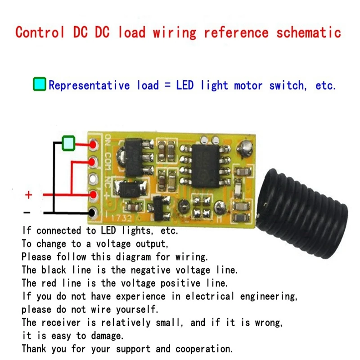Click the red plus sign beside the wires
coord(28,195)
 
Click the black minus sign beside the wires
coord(27,212)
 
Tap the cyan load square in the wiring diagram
coord(68,144)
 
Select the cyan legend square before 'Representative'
coord(40,85)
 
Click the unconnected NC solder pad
coord(93,179)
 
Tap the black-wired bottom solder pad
coord(94,212)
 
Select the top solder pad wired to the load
coord(94,145)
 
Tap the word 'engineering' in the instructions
coord(268,297)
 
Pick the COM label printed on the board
coord(108,161)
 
